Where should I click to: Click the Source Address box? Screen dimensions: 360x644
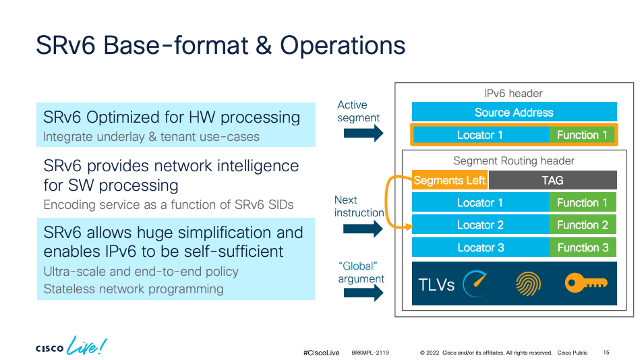(x=514, y=112)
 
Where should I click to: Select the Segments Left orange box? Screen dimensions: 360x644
(x=449, y=180)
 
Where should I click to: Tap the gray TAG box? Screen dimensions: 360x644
(x=552, y=180)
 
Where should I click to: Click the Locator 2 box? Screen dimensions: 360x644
(x=479, y=225)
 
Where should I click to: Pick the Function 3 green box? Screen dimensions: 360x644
(x=583, y=247)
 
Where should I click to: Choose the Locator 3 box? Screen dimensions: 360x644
(x=479, y=247)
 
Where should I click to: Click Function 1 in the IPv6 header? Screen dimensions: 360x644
(x=582, y=135)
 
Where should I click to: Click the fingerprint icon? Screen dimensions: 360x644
(x=528, y=284)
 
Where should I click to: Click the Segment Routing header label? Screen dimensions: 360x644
(x=514, y=161)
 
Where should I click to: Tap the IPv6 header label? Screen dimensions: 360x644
(x=514, y=93)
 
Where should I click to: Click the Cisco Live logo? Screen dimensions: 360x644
(x=71, y=348)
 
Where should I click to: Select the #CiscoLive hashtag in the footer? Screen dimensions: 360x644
(x=322, y=353)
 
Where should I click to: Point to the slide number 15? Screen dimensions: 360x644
(x=606, y=353)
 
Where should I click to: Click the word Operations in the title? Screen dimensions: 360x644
(x=343, y=45)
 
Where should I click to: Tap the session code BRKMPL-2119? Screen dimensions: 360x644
(x=370, y=353)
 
